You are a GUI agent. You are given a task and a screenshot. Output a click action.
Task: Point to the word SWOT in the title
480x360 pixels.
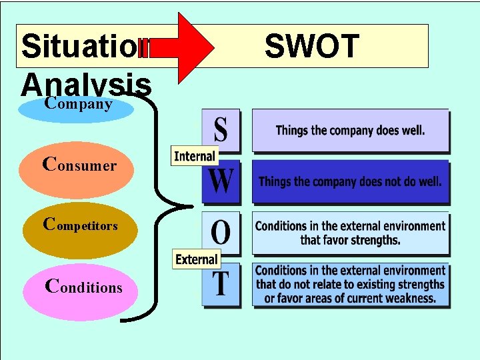click(x=311, y=47)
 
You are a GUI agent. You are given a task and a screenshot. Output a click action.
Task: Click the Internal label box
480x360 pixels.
click(x=194, y=156)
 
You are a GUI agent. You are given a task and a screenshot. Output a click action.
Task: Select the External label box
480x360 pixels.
click(x=196, y=259)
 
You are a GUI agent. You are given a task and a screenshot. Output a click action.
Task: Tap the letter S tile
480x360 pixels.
click(x=220, y=131)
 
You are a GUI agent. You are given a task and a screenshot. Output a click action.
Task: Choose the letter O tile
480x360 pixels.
click(x=221, y=233)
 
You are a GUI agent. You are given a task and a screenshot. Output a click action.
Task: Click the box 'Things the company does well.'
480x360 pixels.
click(x=350, y=131)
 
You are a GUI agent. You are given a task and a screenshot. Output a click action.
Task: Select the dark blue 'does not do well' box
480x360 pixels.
click(x=350, y=181)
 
